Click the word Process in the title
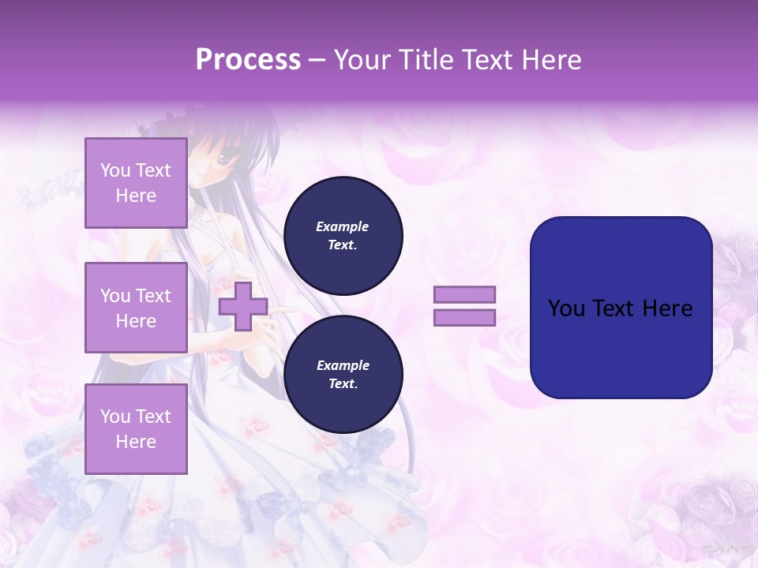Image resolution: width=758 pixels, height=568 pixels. (x=248, y=60)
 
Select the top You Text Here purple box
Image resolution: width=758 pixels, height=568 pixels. (x=136, y=183)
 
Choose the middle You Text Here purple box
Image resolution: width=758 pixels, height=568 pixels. (x=136, y=308)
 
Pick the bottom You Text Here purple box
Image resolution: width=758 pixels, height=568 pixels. (x=136, y=428)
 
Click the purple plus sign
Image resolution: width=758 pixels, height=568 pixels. (x=242, y=306)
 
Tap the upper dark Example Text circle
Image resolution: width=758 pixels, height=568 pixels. (x=343, y=236)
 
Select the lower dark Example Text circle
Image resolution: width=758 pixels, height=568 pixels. (x=343, y=375)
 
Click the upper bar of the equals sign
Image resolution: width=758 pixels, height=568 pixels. (x=464, y=295)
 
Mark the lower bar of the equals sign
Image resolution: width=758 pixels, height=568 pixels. (x=464, y=318)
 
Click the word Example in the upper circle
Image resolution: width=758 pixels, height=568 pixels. (x=343, y=226)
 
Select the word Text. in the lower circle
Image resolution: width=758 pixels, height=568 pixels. (x=343, y=384)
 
